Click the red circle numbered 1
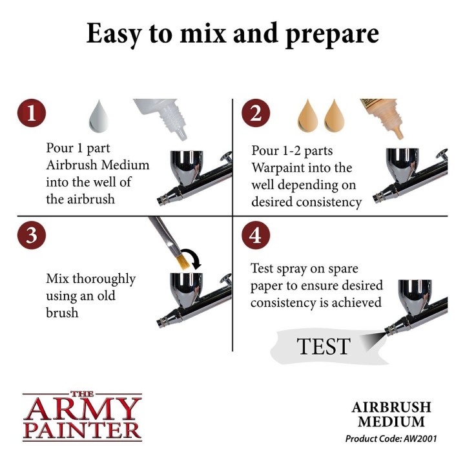click(31, 113)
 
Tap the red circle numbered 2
click(255, 113)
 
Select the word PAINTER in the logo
click(81, 429)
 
